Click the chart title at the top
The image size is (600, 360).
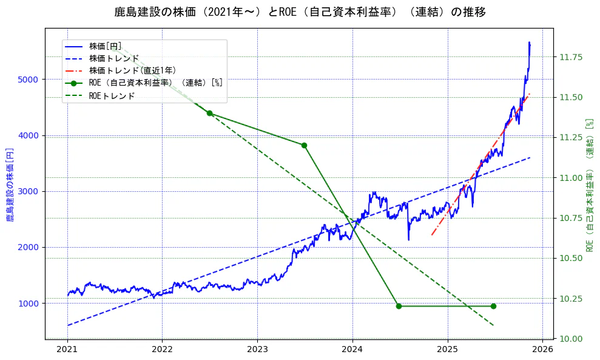coord(300,12)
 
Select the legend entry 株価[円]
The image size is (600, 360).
coord(106,46)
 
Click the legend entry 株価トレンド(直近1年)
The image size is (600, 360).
coord(132,71)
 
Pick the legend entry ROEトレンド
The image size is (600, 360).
coord(112,96)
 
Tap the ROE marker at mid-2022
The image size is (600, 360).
coord(209,114)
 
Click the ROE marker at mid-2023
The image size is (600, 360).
coord(304,145)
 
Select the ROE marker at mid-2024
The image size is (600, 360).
coord(399,306)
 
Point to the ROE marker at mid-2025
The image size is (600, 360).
coord(493,306)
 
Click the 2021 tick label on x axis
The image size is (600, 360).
coord(67,350)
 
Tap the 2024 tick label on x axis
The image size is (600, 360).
coord(352,350)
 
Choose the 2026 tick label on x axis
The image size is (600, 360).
coord(542,350)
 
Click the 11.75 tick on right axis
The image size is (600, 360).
coord(570,57)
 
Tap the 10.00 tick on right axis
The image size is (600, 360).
coord(570,338)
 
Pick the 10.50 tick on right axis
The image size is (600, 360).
coord(570,258)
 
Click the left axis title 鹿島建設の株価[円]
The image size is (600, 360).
coord(10,183)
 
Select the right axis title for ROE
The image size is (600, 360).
coord(589,183)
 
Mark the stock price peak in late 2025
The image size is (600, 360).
coord(529,42)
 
